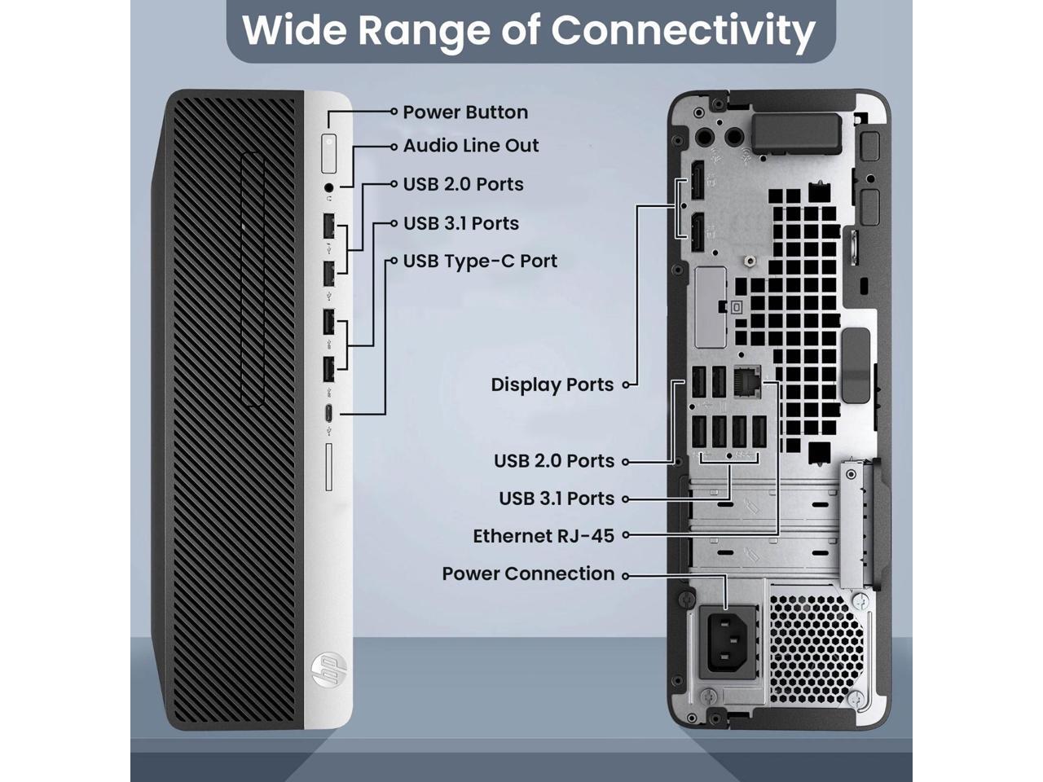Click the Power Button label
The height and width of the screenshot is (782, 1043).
[464, 112]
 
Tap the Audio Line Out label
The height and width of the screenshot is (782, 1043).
[471, 146]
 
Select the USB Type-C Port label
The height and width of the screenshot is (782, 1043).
[480, 261]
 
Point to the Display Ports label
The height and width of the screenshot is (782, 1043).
[552, 384]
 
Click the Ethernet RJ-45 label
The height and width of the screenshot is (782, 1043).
[544, 536]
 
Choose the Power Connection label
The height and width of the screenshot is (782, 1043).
[528, 573]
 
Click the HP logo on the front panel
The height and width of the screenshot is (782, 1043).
[329, 670]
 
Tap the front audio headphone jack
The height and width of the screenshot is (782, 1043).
[329, 188]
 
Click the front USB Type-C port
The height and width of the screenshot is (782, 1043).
[328, 413]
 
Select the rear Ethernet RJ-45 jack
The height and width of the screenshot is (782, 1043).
[746, 381]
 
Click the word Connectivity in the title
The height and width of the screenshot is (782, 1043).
[683, 29]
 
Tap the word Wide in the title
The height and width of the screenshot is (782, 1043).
[294, 29]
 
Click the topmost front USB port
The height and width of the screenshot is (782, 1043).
[328, 225]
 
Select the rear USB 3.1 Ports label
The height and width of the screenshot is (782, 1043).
[557, 499]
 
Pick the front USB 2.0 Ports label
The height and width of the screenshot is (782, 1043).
[463, 185]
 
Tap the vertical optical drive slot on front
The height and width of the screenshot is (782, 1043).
[253, 279]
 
